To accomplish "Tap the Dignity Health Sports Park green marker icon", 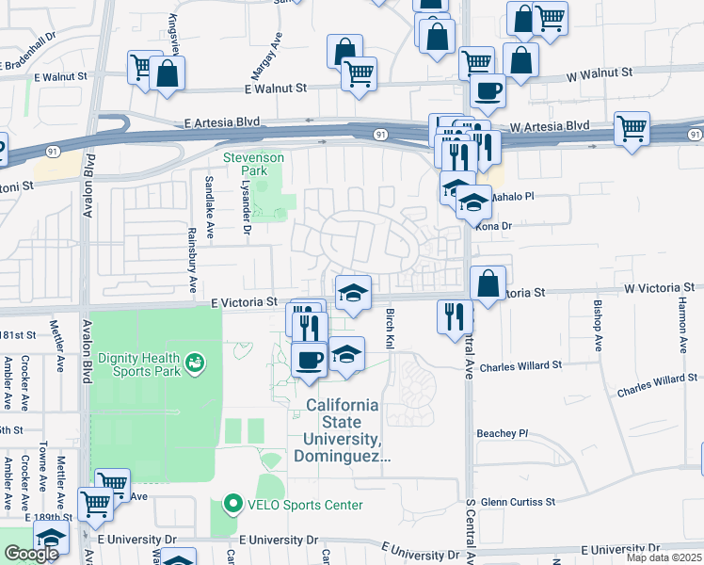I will [196, 362].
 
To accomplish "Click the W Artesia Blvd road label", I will [550, 125].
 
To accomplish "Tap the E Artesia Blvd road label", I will [222, 123].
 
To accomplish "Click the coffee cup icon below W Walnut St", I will [487, 90].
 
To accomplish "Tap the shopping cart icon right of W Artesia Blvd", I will [632, 129].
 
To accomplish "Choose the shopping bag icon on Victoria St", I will [488, 283].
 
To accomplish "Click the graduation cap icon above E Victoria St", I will [353, 292].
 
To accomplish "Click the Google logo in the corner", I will [31, 554].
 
